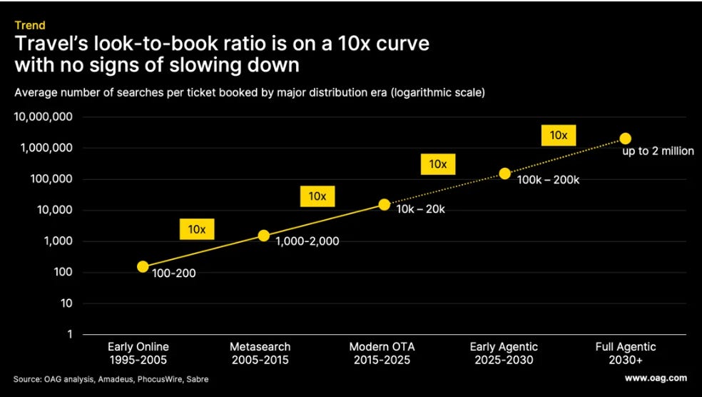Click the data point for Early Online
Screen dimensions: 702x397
(143, 266)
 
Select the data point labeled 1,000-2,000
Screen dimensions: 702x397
(264, 236)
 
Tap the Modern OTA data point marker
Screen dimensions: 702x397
(384, 205)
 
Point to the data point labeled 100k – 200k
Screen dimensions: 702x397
(504, 174)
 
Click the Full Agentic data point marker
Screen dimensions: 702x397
(626, 139)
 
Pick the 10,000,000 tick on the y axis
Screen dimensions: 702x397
(43, 117)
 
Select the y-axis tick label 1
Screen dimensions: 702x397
(70, 334)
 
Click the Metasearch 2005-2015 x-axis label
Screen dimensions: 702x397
(260, 353)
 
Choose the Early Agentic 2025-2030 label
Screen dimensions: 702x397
(504, 353)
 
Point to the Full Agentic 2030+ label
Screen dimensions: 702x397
(626, 353)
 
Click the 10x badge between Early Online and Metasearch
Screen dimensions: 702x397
(197, 229)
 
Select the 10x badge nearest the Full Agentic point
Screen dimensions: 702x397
(559, 136)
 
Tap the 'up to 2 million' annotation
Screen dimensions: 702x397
(658, 151)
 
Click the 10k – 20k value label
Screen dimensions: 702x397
(420, 208)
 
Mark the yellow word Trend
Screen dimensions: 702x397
(29, 25)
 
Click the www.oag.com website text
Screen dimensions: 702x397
(656, 378)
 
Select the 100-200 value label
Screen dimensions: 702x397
(173, 273)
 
